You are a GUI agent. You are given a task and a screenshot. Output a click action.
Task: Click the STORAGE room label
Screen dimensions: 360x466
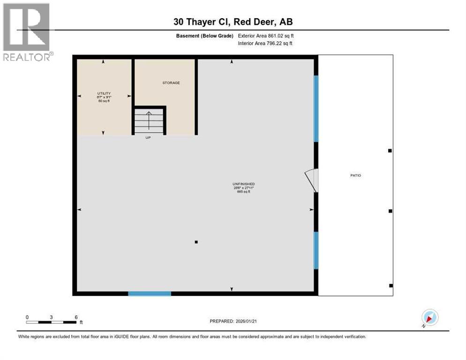point(171,83)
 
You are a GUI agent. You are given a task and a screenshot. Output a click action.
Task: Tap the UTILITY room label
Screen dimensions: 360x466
point(104,94)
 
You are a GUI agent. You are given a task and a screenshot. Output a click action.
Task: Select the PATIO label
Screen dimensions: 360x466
point(356,175)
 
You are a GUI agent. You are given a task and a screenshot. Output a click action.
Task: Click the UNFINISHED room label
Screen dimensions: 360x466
point(243,184)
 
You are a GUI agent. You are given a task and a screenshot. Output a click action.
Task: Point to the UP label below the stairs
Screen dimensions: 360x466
point(149,137)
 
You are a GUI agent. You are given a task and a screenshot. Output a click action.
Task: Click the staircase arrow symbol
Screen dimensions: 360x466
point(149,120)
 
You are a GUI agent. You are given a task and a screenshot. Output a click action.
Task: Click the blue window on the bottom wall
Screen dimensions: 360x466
point(150,294)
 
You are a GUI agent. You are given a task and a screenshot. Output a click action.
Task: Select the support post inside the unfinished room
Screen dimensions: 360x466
point(196,242)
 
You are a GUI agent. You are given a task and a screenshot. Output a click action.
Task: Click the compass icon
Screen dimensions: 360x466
point(429,317)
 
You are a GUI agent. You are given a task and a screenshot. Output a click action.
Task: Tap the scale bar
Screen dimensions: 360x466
point(52,322)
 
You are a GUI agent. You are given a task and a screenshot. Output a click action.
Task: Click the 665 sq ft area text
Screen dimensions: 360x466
point(243,192)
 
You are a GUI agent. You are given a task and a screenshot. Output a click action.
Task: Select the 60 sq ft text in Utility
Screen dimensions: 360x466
point(104,101)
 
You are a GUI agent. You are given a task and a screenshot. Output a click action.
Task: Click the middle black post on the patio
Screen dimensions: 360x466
point(390,211)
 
